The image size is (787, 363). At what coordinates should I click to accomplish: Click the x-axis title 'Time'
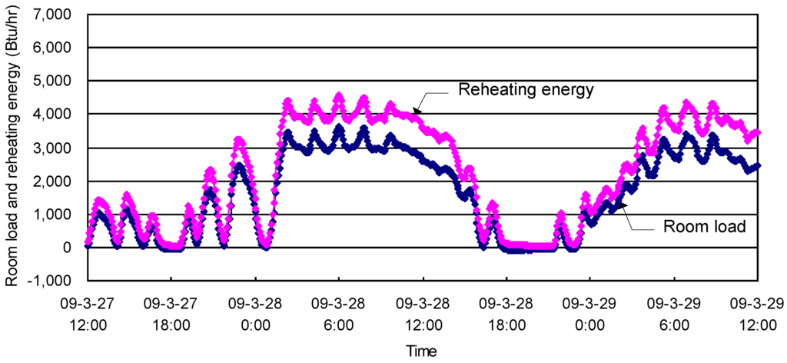[422, 350]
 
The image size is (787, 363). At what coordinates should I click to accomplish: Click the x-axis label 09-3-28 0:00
[255, 315]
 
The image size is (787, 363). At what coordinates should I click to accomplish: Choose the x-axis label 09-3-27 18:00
[171, 315]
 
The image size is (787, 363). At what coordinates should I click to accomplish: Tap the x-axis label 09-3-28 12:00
[423, 315]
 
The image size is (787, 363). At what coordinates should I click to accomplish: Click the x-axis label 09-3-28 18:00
[506, 315]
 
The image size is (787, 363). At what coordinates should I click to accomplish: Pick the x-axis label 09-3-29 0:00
[590, 315]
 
